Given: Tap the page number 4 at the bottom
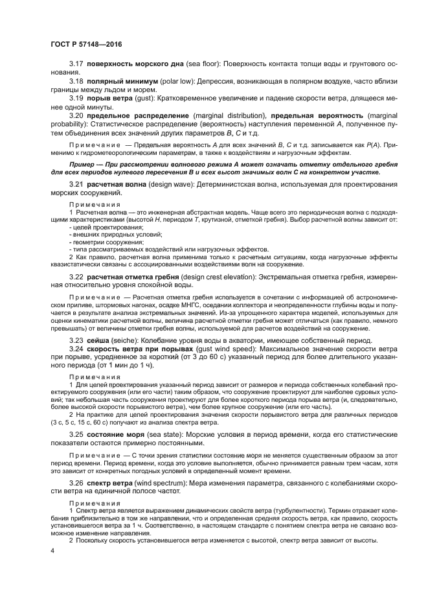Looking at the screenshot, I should (x=52, y=550).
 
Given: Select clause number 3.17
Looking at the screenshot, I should (x=76, y=65).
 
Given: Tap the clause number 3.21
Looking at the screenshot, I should (x=76, y=185).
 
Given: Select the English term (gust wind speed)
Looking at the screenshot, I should (x=231, y=348).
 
